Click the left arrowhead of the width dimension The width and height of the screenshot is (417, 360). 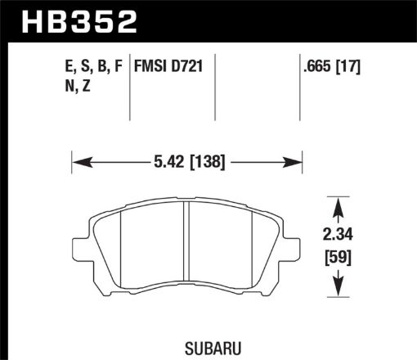[x=78, y=161]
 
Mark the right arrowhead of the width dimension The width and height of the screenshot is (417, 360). [x=298, y=161]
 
